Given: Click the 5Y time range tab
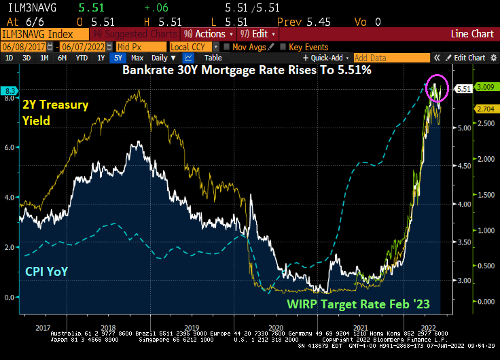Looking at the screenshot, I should click(119, 58).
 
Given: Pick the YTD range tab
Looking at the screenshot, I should click(81, 58).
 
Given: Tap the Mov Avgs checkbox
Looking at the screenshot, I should click(226, 46).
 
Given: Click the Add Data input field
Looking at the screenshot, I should click(391, 58).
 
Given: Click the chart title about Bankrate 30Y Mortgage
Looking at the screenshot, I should click(247, 70).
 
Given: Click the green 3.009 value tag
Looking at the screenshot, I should click(486, 87).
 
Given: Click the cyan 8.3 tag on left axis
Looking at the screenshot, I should click(10, 90).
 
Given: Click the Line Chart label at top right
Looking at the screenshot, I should click(473, 33).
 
